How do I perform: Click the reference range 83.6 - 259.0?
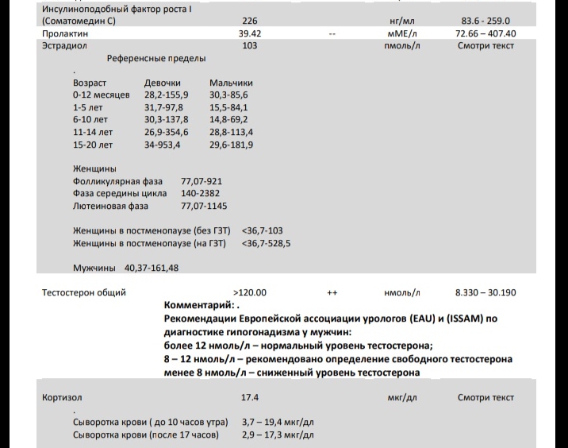pyautogui.click(x=485, y=21)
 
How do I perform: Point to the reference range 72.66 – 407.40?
pyautogui.click(x=485, y=34)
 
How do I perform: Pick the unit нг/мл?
pyautogui.click(x=401, y=21)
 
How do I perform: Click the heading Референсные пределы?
pyautogui.click(x=156, y=59)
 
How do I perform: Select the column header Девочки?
pyautogui.click(x=163, y=83)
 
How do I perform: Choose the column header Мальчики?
pyautogui.click(x=231, y=83)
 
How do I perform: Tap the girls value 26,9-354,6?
pyautogui.click(x=167, y=132)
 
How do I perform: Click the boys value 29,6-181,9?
pyautogui.click(x=232, y=145)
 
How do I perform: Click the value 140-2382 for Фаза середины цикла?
pyautogui.click(x=201, y=193)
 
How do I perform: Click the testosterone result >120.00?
pyautogui.click(x=250, y=292)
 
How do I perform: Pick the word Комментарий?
pyautogui.click(x=198, y=305)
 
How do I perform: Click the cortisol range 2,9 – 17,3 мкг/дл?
pyautogui.click(x=278, y=434)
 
